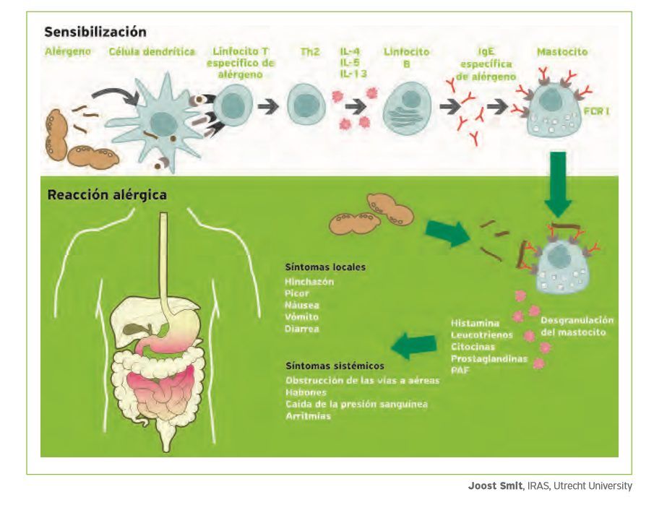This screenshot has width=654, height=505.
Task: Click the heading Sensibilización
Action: pos(95,32)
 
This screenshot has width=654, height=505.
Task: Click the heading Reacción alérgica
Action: pos(107,195)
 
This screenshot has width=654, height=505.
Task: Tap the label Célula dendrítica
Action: pos(152,52)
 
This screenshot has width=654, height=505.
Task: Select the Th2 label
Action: pos(309,52)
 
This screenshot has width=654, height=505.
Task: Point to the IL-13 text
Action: pos(353,74)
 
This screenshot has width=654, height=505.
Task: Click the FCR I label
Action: pos(596,111)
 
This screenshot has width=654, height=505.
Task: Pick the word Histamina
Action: pos(475,323)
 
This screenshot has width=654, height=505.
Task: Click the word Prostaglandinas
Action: pos(489,358)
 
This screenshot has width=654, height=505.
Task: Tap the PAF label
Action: pos(460,370)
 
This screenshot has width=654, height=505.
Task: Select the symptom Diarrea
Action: pos(301,329)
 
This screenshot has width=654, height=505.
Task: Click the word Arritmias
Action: pos(309,415)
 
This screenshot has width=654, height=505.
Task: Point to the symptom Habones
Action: pos(306,392)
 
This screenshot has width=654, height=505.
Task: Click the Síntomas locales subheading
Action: pos(325,267)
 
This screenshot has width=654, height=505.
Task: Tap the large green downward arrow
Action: pos(558,184)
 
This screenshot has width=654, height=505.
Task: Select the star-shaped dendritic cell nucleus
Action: pos(164,124)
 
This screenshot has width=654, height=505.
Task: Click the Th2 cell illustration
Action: pos(306,104)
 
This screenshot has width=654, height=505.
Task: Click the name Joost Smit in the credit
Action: pos(495,485)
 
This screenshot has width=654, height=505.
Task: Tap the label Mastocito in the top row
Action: pos(562,52)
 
